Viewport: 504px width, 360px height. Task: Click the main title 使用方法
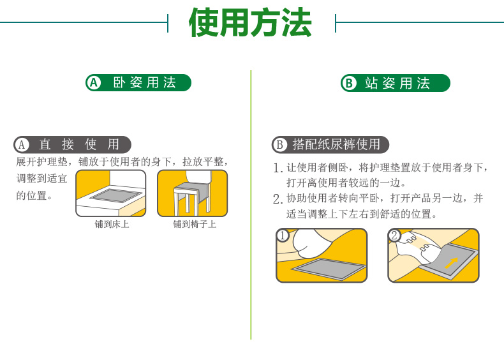[251, 24]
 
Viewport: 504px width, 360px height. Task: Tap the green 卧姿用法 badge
[138, 82]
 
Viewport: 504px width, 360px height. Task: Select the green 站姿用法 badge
[395, 83]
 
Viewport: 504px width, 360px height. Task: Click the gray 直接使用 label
[72, 144]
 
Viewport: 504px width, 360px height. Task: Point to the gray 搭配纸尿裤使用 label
[330, 144]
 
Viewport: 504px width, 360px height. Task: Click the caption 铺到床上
[112, 225]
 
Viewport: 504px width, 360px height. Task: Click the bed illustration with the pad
[111, 193]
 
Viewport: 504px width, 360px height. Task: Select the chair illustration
[192, 193]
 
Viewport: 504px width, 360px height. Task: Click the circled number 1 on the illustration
[283, 236]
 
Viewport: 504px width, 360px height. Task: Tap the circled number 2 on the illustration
[395, 236]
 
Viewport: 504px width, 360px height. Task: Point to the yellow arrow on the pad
[451, 262]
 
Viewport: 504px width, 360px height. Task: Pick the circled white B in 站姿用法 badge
[348, 84]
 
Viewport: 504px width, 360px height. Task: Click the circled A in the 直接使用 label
[22, 145]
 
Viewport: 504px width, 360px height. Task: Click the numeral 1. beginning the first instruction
[278, 169]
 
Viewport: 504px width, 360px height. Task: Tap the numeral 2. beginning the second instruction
[278, 199]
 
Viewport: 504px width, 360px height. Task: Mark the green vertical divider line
[251, 204]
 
